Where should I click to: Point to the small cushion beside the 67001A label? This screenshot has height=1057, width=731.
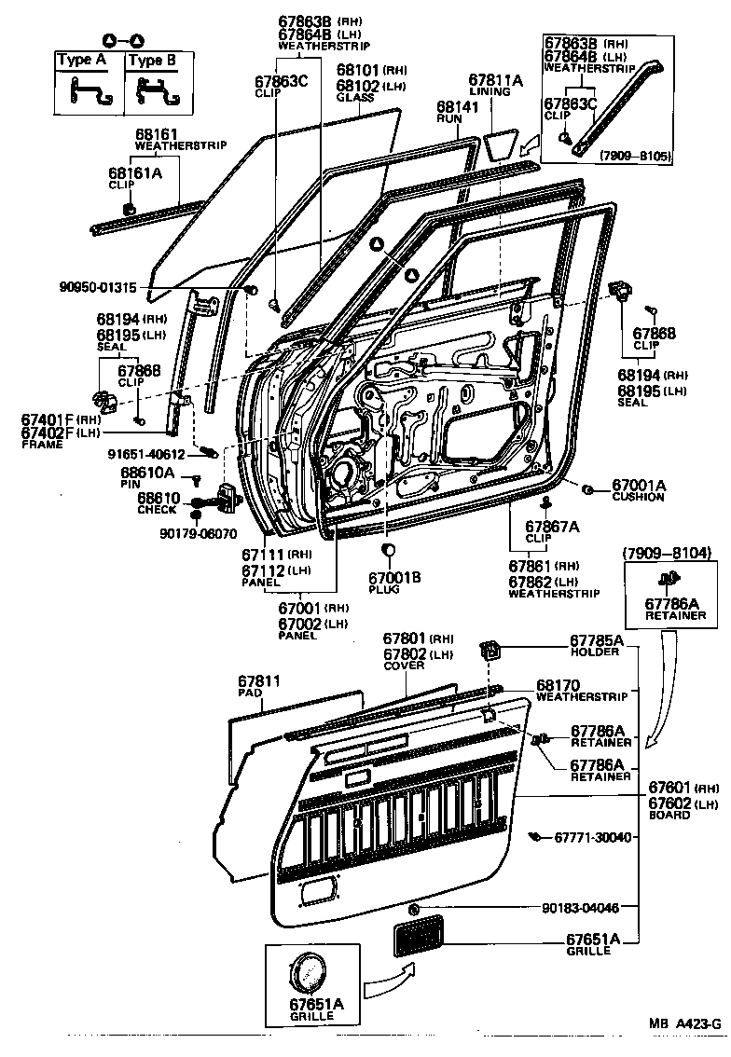(x=588, y=489)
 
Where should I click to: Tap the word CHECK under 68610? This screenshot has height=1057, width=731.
(x=158, y=511)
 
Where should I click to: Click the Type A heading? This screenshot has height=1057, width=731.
(x=81, y=62)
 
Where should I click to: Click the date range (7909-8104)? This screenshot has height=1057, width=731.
(x=667, y=554)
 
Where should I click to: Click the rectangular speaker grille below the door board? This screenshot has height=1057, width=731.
(x=418, y=935)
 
